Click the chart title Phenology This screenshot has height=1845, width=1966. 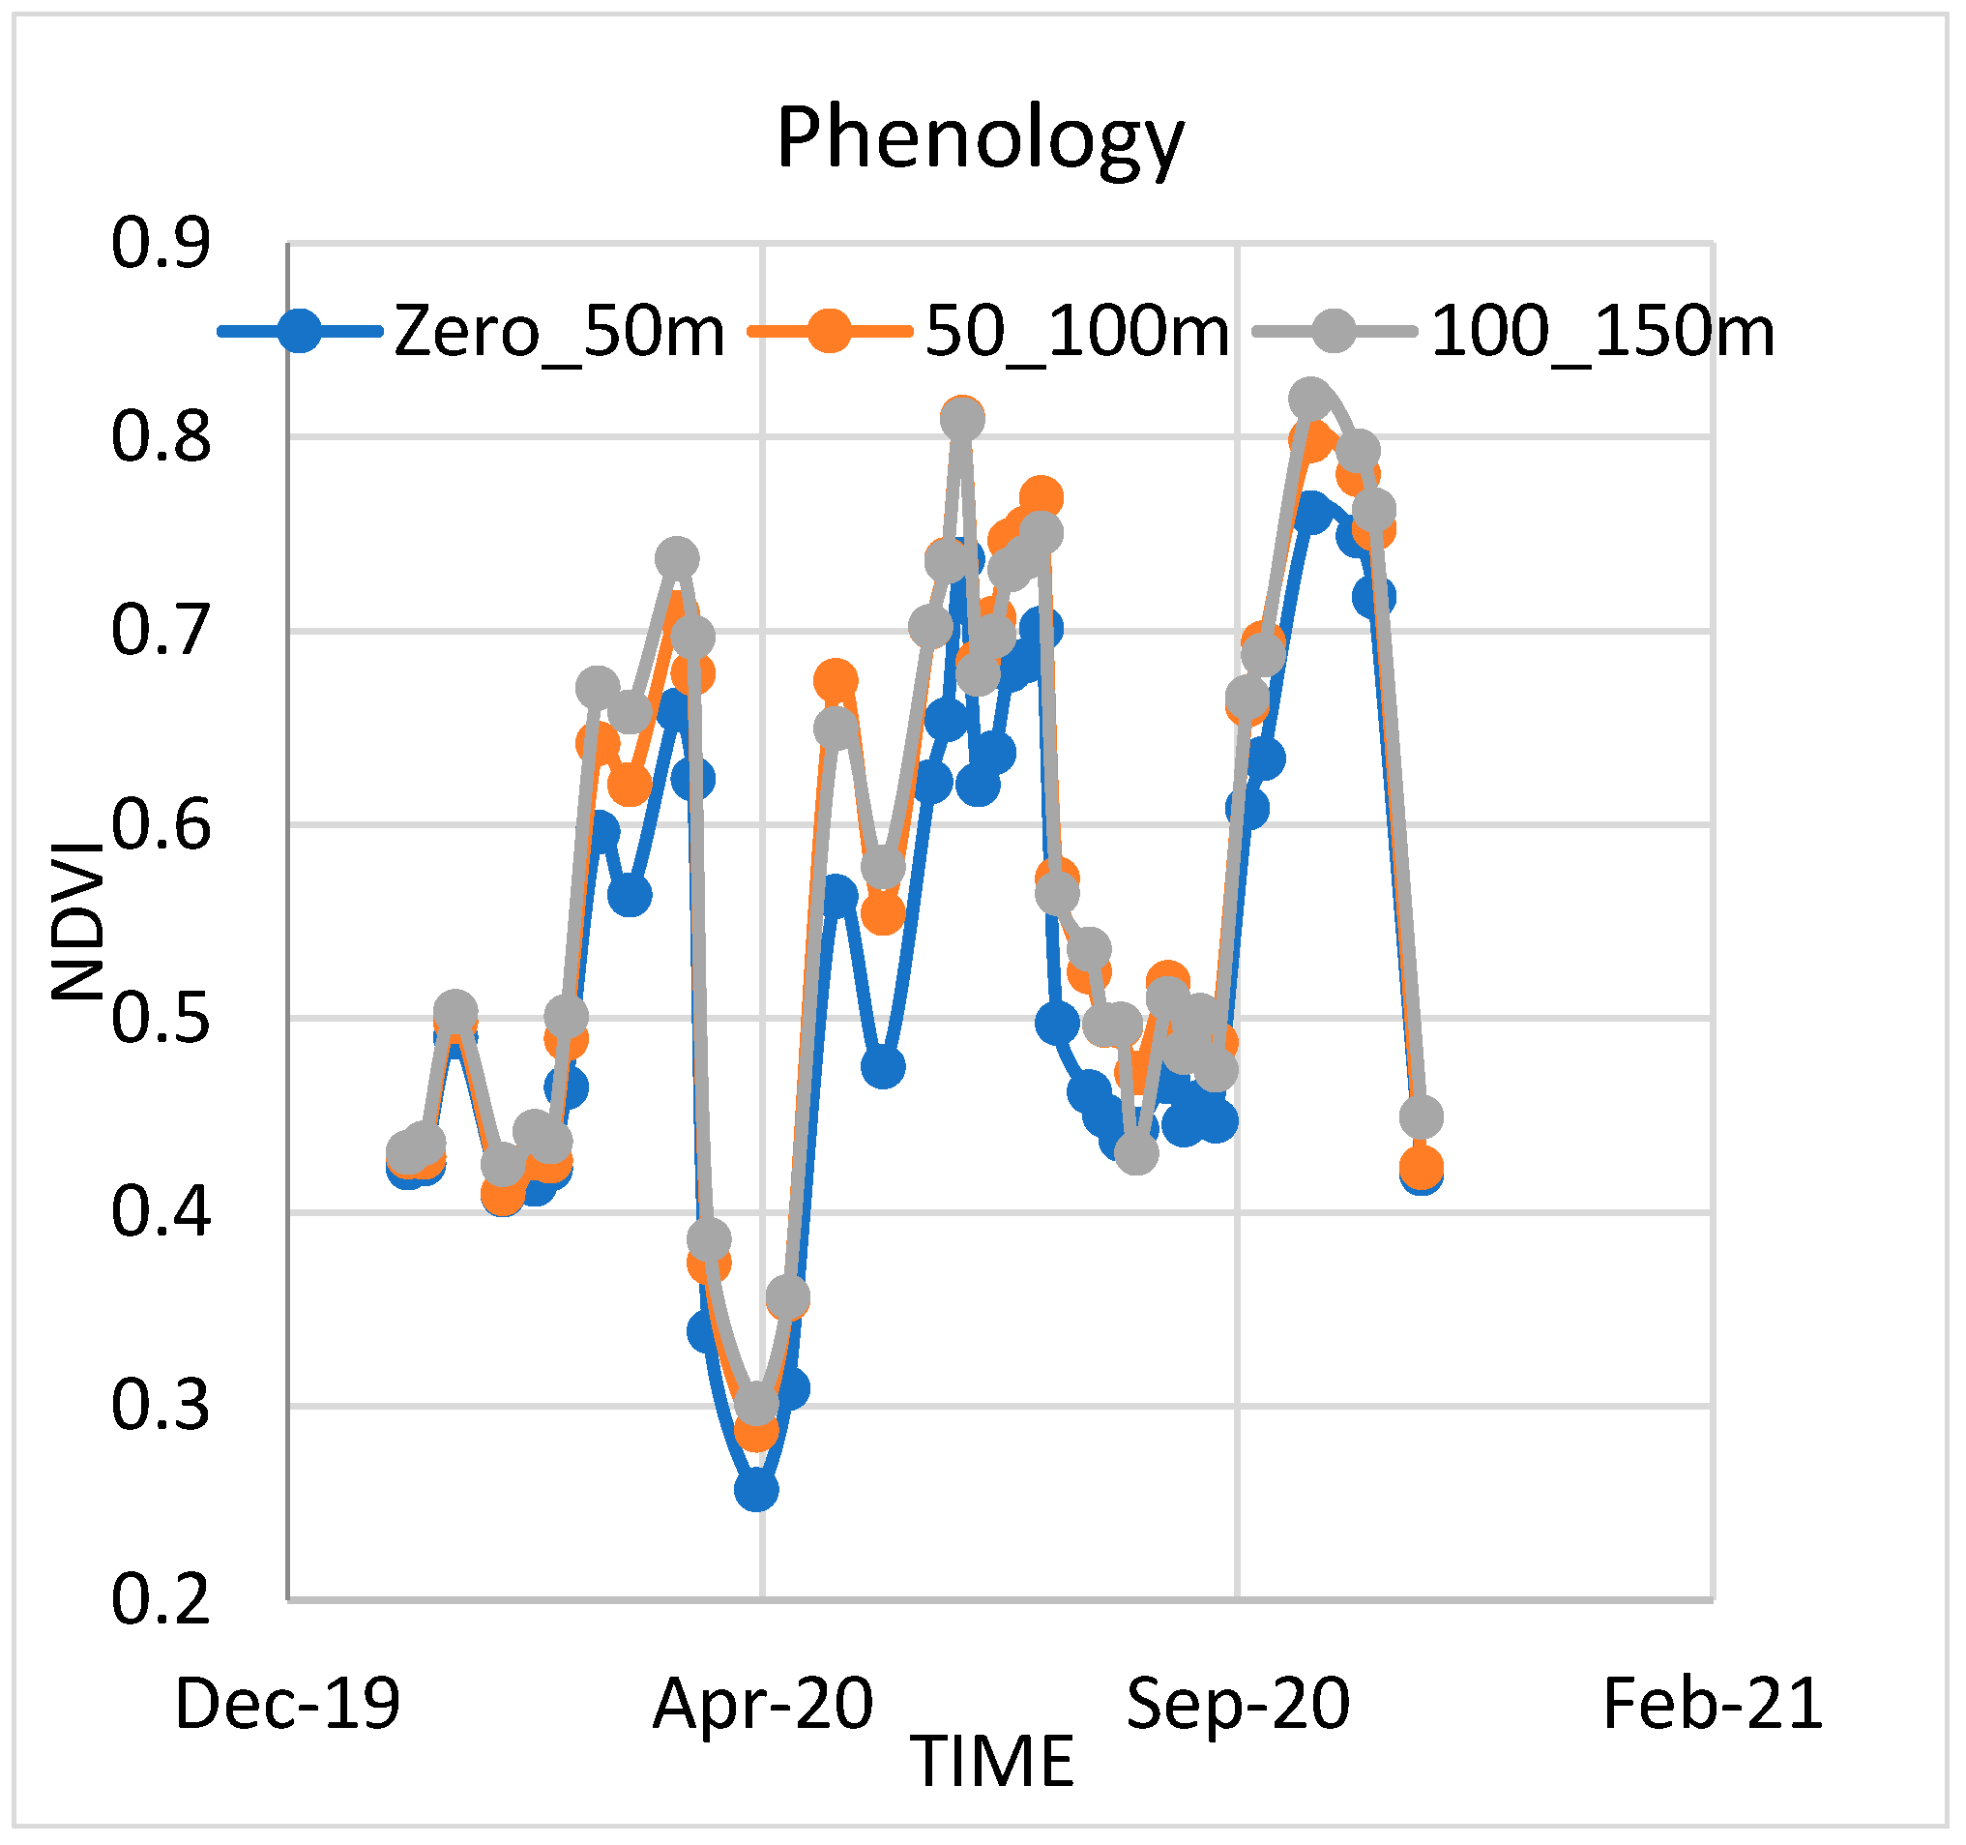[979, 138]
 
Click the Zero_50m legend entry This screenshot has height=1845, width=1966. [559, 332]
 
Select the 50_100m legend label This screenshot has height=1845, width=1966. [1077, 332]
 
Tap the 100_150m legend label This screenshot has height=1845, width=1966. [1601, 332]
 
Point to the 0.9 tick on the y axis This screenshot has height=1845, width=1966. [161, 244]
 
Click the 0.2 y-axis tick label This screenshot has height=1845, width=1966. [161, 1599]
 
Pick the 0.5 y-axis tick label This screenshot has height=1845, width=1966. [161, 1019]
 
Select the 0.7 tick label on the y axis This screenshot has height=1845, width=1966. [161, 631]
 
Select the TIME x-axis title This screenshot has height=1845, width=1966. [992, 1763]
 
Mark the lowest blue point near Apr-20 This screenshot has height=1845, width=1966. [756, 1490]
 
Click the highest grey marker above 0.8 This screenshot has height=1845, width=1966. [1310, 399]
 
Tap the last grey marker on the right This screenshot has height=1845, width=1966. [1422, 1117]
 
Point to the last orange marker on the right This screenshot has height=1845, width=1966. [1422, 1168]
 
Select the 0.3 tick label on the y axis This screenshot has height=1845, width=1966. [161, 1406]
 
